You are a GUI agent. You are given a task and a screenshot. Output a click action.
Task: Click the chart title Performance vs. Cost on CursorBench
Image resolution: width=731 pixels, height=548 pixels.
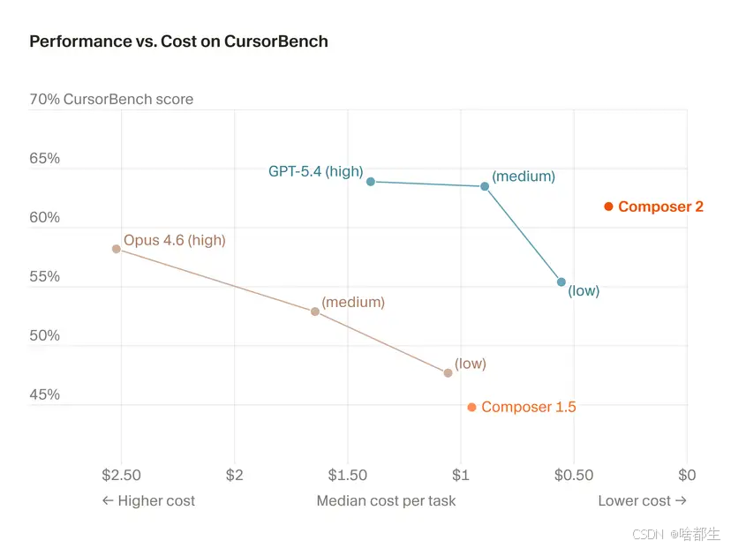[178, 41]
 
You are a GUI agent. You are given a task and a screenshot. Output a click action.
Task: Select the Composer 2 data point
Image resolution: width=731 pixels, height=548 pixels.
[608, 206]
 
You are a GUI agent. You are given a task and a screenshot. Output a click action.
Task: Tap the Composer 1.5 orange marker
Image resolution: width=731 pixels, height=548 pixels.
[471, 408]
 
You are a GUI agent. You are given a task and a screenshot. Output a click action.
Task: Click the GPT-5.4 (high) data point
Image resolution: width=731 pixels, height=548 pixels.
[371, 182]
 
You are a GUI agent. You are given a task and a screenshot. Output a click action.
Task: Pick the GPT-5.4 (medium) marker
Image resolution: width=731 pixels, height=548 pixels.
[485, 186]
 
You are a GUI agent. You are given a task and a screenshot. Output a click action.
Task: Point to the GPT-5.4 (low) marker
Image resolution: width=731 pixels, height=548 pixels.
[561, 282]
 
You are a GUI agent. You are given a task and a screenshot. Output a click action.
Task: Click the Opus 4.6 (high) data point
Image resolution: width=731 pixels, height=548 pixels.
[117, 249]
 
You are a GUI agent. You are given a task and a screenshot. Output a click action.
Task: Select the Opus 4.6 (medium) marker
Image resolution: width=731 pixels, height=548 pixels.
[315, 312]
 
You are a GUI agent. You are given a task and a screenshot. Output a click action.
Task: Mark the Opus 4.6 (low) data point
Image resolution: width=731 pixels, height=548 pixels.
[448, 373]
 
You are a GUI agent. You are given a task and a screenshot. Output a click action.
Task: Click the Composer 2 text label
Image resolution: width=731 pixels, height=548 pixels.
[660, 206]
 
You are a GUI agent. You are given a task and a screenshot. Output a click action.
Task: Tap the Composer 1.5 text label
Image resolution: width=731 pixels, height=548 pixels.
[528, 407]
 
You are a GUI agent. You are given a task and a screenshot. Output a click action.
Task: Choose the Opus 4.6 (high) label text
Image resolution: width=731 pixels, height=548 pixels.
[174, 239]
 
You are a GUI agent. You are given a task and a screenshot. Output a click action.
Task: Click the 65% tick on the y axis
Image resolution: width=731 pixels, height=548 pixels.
[45, 159]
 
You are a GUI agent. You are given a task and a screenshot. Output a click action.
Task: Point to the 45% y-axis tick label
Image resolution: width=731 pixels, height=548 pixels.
[45, 394]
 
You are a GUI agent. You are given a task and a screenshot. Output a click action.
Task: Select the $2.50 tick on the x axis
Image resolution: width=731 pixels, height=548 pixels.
[121, 475]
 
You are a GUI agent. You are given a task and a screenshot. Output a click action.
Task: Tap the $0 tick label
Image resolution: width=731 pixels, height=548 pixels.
[686, 475]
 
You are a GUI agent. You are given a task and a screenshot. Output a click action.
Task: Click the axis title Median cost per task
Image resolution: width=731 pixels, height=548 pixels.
[386, 500]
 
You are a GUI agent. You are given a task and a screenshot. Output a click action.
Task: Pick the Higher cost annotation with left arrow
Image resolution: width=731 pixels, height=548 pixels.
[148, 500]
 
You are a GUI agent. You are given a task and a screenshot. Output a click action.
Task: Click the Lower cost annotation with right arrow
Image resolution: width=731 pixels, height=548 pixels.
[642, 500]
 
